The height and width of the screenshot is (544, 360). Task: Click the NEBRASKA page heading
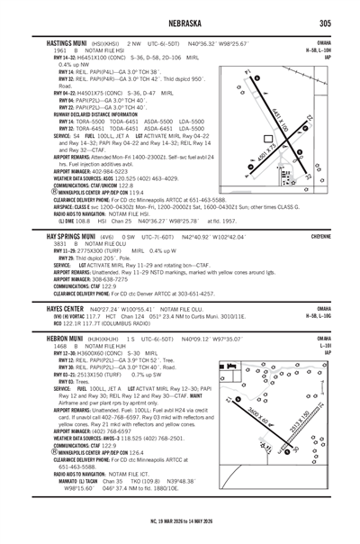tap(180, 23)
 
